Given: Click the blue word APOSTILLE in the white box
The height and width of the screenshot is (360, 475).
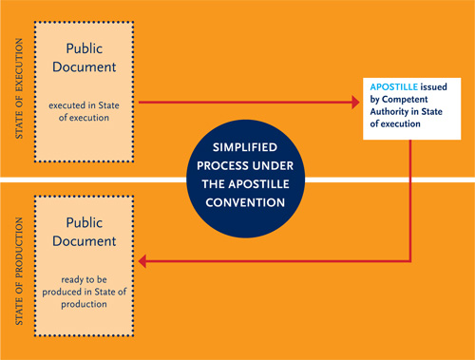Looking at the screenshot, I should (393, 86).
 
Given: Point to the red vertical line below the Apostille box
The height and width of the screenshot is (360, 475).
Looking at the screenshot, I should (410, 199).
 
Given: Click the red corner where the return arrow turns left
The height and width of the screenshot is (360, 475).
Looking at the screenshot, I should (410, 260).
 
